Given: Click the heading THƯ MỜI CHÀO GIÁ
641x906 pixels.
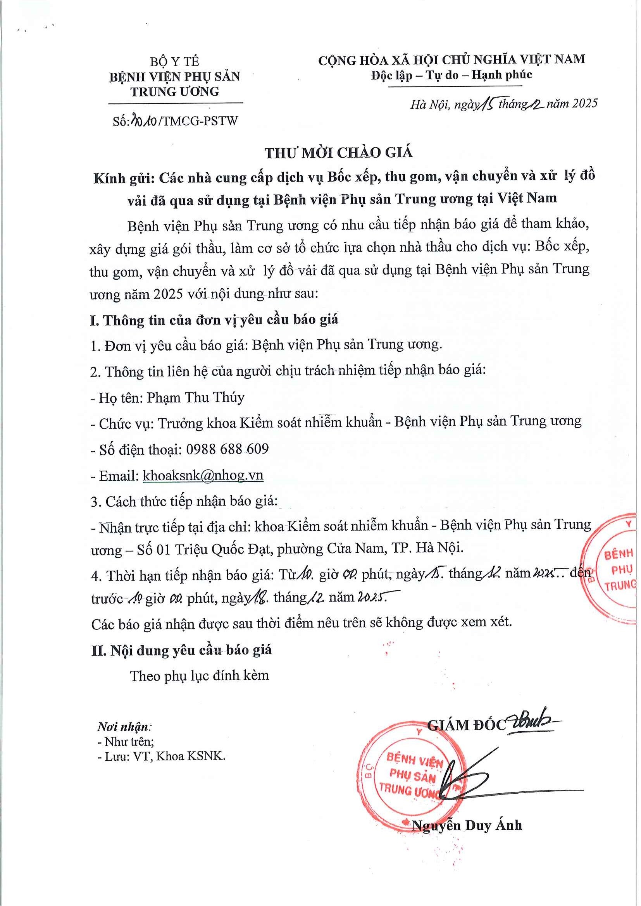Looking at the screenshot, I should (338, 153).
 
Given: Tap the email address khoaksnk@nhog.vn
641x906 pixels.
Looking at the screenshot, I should (203, 475).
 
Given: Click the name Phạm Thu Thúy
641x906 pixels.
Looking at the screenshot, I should (196, 397).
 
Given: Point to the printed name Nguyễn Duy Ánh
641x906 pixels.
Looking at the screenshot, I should (467, 825).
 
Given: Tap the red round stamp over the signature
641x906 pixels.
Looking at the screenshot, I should (410, 777).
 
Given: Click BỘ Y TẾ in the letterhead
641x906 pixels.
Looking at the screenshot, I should (174, 62).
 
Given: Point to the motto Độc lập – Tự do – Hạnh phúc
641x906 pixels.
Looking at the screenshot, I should (451, 75).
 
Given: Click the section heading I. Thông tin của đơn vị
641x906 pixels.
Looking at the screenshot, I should (214, 320).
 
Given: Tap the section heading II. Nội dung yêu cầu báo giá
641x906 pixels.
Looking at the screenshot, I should (181, 650).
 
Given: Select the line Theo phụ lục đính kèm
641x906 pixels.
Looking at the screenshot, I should (200, 676).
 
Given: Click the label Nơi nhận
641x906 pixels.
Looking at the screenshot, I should (124, 726).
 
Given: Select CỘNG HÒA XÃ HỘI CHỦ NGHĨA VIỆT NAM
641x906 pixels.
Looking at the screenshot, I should (451, 60).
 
